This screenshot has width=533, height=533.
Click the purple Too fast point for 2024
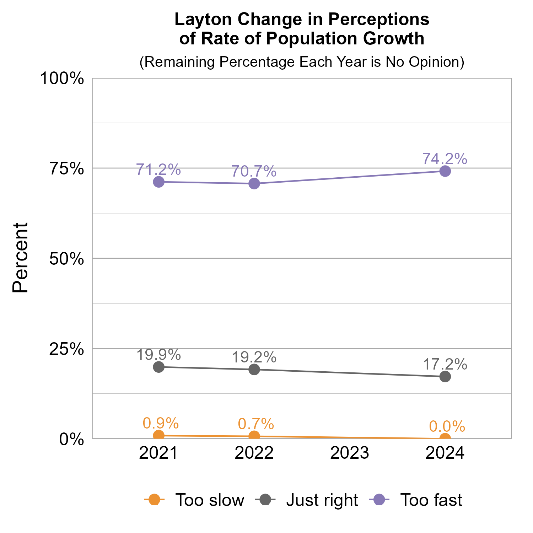pyautogui.click(x=445, y=171)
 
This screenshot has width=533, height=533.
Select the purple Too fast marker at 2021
pyautogui.click(x=159, y=182)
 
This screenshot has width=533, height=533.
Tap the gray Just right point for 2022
pyautogui.click(x=254, y=370)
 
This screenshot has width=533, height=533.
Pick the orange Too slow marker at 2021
pyautogui.click(x=159, y=435)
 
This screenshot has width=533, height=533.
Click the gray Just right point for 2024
pyautogui.click(x=445, y=377)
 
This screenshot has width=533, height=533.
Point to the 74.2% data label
pyautogui.click(x=445, y=159)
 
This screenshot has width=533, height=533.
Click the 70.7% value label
pyautogui.click(x=254, y=171)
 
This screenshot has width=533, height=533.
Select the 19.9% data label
pyautogui.click(x=158, y=355)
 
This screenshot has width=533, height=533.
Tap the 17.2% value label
pyautogui.click(x=445, y=365)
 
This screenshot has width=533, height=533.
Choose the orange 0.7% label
pyautogui.click(x=255, y=424)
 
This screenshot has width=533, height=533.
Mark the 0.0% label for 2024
pyautogui.click(x=447, y=426)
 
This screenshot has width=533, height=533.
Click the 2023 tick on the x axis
pyautogui.click(x=350, y=453)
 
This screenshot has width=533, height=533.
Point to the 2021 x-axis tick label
pyautogui.click(x=158, y=453)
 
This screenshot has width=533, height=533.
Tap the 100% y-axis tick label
pyautogui.click(x=62, y=79)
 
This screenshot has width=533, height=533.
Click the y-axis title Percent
pyautogui.click(x=20, y=258)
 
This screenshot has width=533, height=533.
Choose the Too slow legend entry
pyautogui.click(x=210, y=500)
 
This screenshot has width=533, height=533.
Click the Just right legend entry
pyautogui.click(x=322, y=500)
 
